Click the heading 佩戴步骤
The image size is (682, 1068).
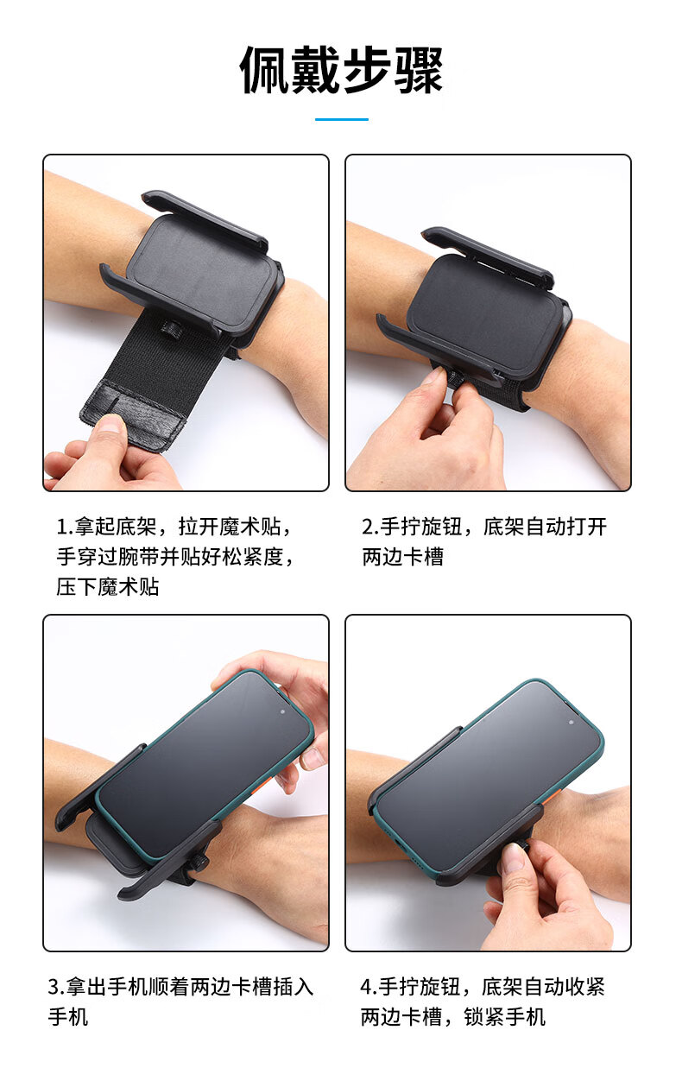[x=341, y=70]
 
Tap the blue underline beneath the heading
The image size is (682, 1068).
[x=341, y=119]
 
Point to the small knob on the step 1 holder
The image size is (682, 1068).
[x=168, y=328]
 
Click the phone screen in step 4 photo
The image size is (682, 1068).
[x=488, y=777]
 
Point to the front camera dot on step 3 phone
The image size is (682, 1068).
[x=283, y=711]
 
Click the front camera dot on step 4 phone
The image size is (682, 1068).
[x=571, y=722]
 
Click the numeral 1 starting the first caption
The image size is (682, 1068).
[x=62, y=527]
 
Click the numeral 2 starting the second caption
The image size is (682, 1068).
[x=368, y=527]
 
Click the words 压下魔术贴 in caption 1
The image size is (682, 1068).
[x=108, y=586]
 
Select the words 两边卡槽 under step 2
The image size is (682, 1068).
[x=402, y=556]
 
